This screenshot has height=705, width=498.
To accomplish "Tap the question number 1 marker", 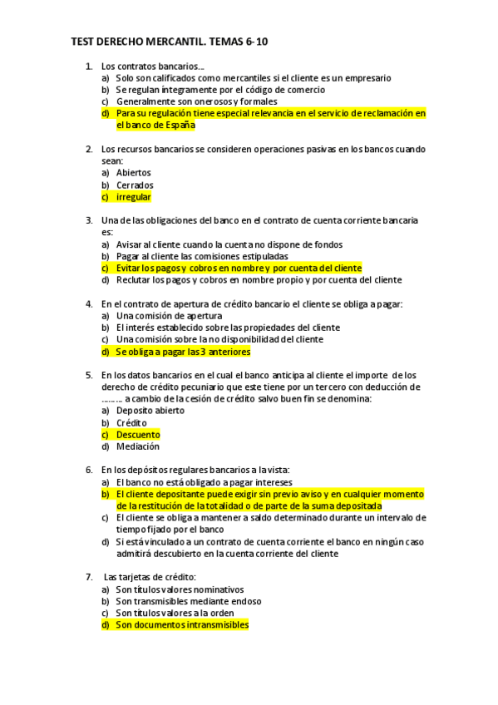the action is pyautogui.click(x=89, y=66).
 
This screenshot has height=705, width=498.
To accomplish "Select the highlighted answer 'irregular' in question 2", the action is pyautogui.click(x=133, y=198).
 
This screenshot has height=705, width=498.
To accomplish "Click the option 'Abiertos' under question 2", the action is pyautogui.click(x=133, y=173).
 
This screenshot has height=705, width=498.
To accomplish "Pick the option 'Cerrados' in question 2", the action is pyautogui.click(x=135, y=185).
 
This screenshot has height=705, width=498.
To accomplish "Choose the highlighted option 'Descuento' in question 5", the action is pyautogui.click(x=138, y=435).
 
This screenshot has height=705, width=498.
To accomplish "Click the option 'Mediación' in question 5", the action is pyautogui.click(x=138, y=446).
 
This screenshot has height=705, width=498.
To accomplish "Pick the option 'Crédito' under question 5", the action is pyautogui.click(x=131, y=423).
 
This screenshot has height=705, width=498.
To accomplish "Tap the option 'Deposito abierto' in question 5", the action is pyautogui.click(x=150, y=411).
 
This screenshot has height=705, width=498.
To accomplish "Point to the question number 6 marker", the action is pyautogui.click(x=89, y=470).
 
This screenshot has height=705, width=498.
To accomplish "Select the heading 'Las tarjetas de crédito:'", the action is pyautogui.click(x=149, y=577).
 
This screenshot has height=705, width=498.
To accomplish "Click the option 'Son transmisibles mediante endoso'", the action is pyautogui.click(x=188, y=601).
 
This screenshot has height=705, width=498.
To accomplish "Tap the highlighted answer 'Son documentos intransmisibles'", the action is pyautogui.click(x=182, y=624).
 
